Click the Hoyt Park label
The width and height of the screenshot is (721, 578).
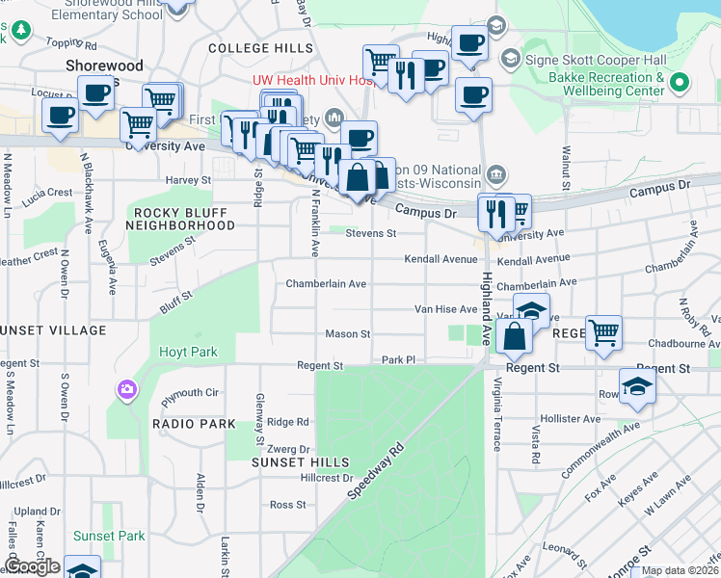[188, 353]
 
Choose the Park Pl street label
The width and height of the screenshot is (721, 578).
[397, 359]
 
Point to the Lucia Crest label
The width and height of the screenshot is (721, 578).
[47, 193]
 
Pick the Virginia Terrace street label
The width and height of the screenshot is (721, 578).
[497, 414]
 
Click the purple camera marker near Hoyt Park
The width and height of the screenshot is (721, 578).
[127, 390]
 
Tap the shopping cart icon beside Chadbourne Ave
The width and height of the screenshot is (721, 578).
[603, 332]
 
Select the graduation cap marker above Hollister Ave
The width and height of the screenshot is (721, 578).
[637, 385]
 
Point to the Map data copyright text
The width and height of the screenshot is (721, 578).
[680, 570]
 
